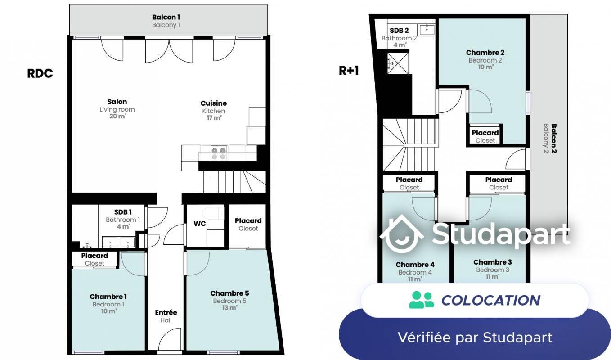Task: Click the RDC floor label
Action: [x=40, y=73]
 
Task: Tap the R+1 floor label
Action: [x=349, y=71]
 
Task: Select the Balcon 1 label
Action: [x=166, y=17]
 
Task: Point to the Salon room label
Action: [x=117, y=102]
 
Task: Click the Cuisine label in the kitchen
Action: [x=214, y=103]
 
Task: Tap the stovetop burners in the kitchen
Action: [x=219, y=153]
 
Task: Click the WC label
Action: [x=200, y=224]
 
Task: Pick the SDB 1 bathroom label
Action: [x=123, y=212]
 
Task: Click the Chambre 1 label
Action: [x=108, y=297]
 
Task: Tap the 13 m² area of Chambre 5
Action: [x=229, y=308]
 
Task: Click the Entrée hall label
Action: [x=166, y=313]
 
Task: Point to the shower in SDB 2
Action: [x=398, y=63]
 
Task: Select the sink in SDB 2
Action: [x=427, y=29]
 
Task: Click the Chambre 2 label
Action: [x=485, y=52]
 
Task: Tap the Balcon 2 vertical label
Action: [x=550, y=139]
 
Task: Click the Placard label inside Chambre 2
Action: [x=485, y=133]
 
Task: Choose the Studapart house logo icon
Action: [x=401, y=234]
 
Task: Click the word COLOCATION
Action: [x=491, y=300]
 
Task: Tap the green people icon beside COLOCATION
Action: [x=422, y=300]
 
